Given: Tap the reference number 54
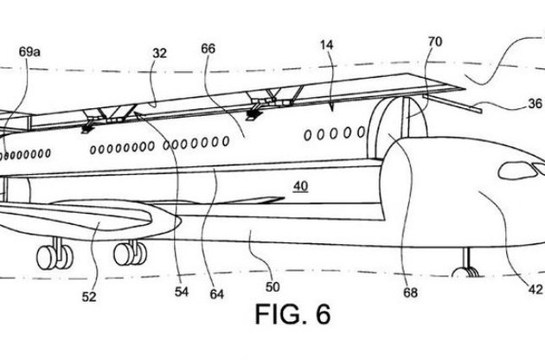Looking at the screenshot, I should (181, 292).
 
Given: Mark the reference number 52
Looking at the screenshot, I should (90, 294).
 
